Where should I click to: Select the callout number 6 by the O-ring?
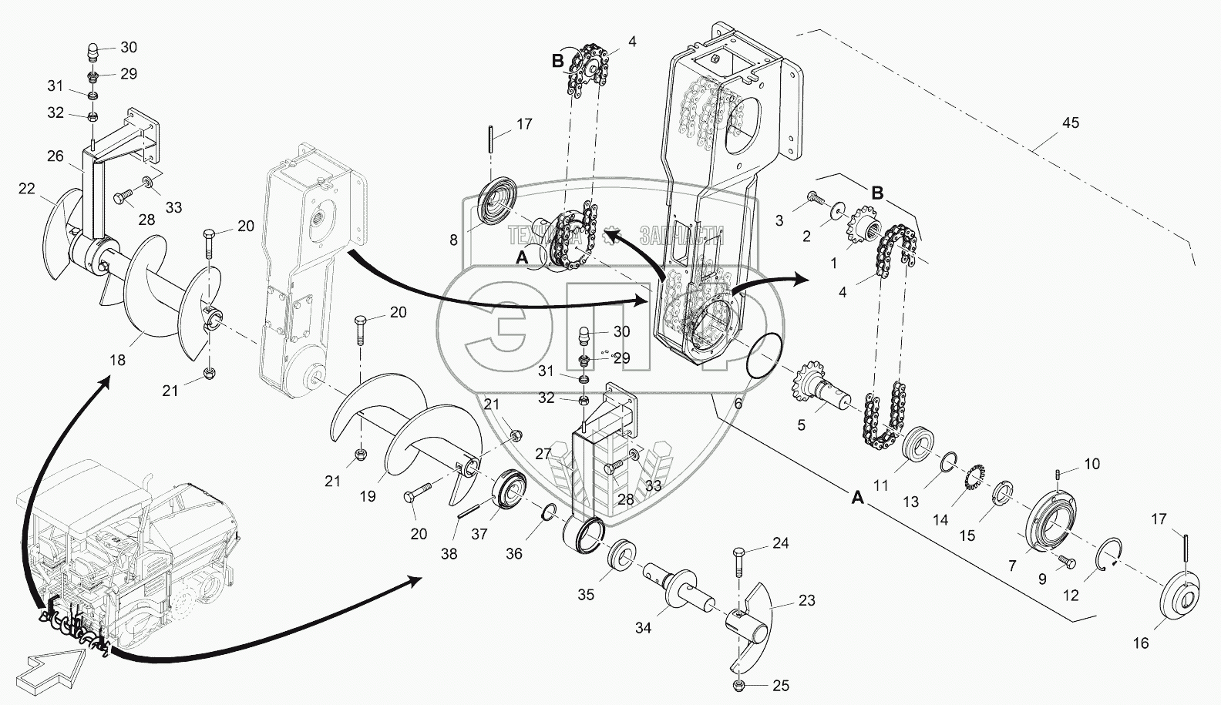tap(738, 403)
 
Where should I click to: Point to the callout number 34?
tap(643, 628)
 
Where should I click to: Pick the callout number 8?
tap(453, 240)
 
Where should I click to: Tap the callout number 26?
tap(55, 156)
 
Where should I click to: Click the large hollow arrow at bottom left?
tap(52, 665)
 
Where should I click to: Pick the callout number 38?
tap(449, 553)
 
